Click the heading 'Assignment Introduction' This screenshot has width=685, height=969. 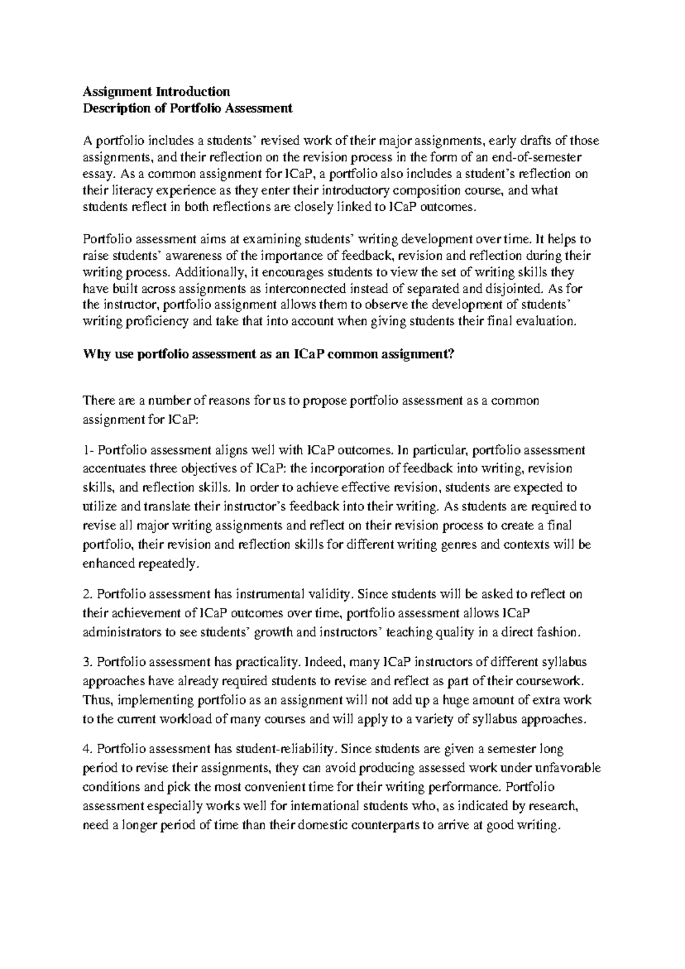click(x=156, y=91)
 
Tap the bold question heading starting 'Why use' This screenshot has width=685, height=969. click(x=268, y=354)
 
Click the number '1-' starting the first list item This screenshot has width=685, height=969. click(x=88, y=450)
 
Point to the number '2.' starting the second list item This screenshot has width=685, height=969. click(x=87, y=594)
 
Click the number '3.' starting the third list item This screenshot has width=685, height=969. click(x=87, y=662)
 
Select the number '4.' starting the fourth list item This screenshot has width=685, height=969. click(x=87, y=749)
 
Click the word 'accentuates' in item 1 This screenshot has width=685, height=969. click(x=114, y=469)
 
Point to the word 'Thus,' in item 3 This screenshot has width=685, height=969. click(x=98, y=700)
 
